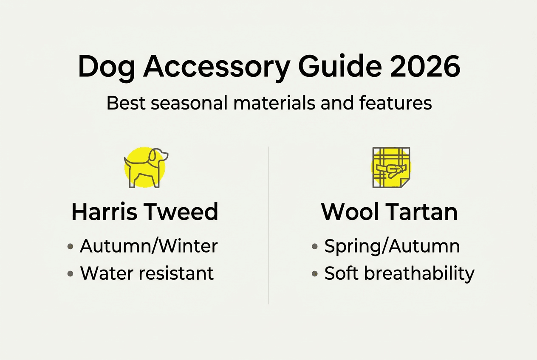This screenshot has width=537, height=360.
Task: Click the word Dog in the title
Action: (106, 67)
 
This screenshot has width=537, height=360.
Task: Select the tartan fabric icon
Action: (391, 167)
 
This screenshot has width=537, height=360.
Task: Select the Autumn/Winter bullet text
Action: (149, 246)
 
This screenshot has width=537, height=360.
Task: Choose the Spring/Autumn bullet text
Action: (392, 246)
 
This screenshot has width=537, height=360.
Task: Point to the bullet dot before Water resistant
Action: (71, 274)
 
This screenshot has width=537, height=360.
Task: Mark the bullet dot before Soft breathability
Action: (315, 274)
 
